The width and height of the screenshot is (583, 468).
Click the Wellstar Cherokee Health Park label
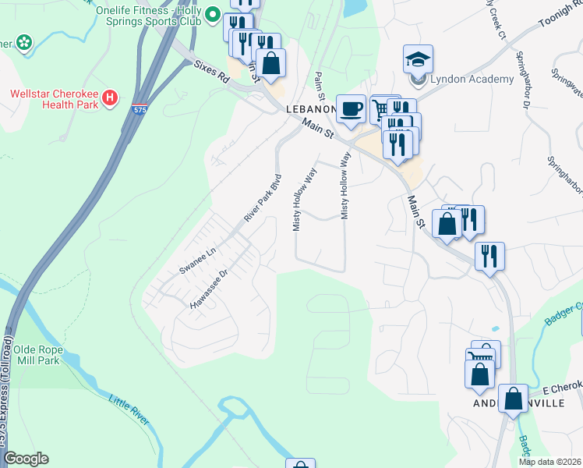53,99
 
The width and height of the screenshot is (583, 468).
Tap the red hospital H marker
111,99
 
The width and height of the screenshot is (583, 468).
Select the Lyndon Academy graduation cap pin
418,59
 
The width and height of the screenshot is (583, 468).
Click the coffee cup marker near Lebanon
351,108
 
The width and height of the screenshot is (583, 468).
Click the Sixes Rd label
213,73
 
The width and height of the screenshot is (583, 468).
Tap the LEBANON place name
309,110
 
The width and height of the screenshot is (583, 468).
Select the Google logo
26,459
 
